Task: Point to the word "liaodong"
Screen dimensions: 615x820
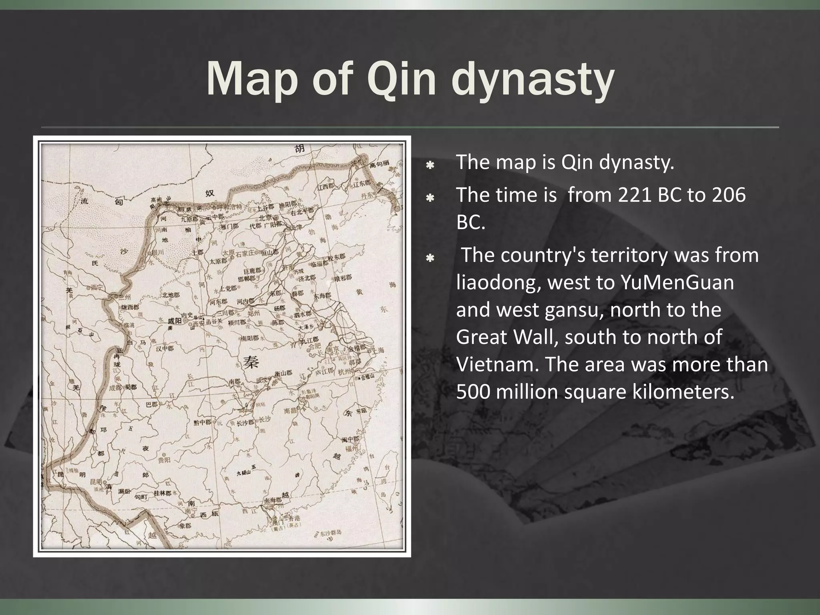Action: coord(496,283)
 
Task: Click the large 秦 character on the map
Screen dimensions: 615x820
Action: coord(251,362)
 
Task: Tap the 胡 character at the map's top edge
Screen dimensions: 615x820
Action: coord(299,148)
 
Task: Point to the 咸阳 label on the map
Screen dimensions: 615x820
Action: coord(175,321)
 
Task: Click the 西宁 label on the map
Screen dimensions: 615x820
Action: coord(96,287)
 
